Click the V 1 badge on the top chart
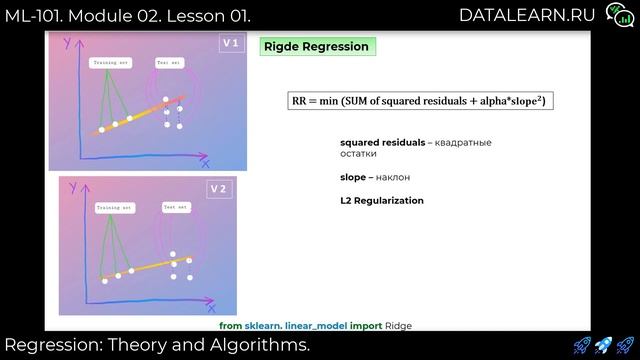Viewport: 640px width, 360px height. [229, 44]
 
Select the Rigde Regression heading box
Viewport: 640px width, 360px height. [317, 46]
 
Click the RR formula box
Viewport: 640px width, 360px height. [421, 101]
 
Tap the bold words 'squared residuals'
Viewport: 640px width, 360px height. [382, 143]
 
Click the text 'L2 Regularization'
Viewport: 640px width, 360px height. [382, 200]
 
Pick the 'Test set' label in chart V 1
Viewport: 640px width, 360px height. [169, 62]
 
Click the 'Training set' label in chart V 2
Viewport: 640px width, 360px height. [115, 208]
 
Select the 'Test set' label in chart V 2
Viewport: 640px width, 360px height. [176, 207]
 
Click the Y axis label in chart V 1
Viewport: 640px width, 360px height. [66, 43]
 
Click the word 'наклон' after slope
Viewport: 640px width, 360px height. [395, 177]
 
